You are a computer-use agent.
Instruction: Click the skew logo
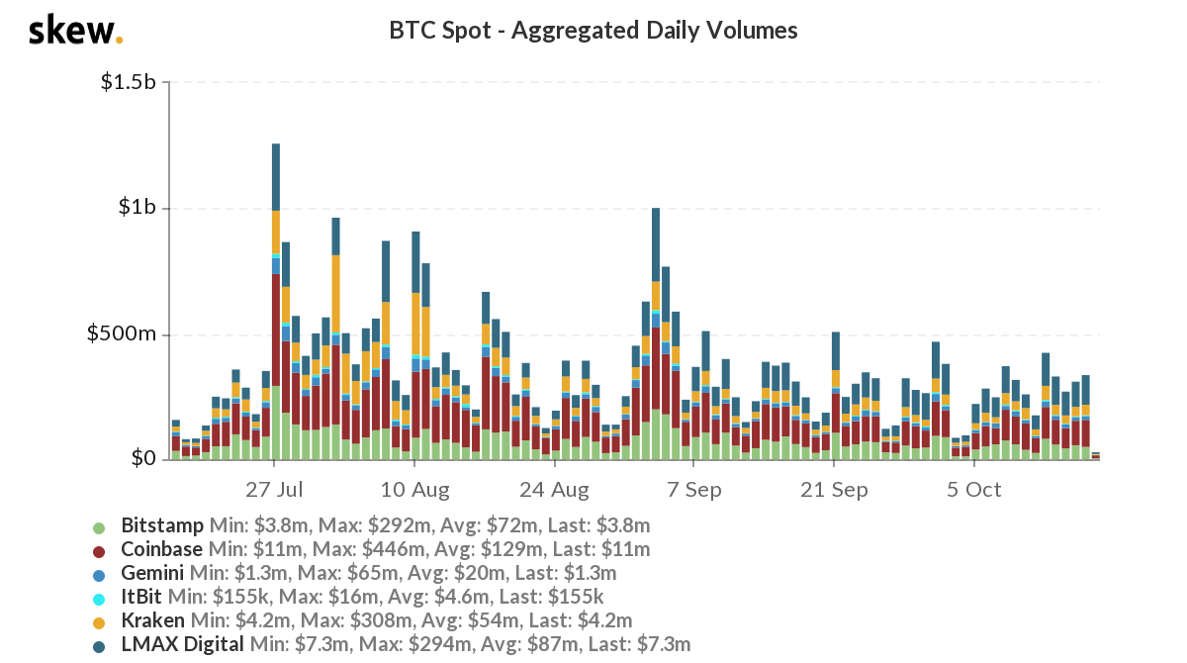[74, 31]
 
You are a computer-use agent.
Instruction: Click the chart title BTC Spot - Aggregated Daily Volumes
[593, 31]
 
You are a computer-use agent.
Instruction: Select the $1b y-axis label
[137, 208]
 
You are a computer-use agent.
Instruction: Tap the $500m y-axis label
[126, 333]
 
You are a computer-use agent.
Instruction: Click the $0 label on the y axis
[144, 459]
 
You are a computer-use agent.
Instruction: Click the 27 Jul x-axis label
[274, 489]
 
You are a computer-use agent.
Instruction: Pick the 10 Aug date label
[415, 489]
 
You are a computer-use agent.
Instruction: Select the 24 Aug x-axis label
[554, 489]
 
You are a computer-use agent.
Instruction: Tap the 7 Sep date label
[694, 489]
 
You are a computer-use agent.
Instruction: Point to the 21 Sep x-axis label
[834, 489]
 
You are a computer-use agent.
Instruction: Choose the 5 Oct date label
[974, 489]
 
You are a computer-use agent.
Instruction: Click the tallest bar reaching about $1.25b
[275, 297]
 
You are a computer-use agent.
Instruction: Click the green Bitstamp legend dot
[98, 525]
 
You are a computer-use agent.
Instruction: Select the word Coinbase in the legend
[161, 549]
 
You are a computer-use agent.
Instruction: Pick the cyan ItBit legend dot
[98, 598]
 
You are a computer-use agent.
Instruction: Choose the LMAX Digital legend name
[182, 645]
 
